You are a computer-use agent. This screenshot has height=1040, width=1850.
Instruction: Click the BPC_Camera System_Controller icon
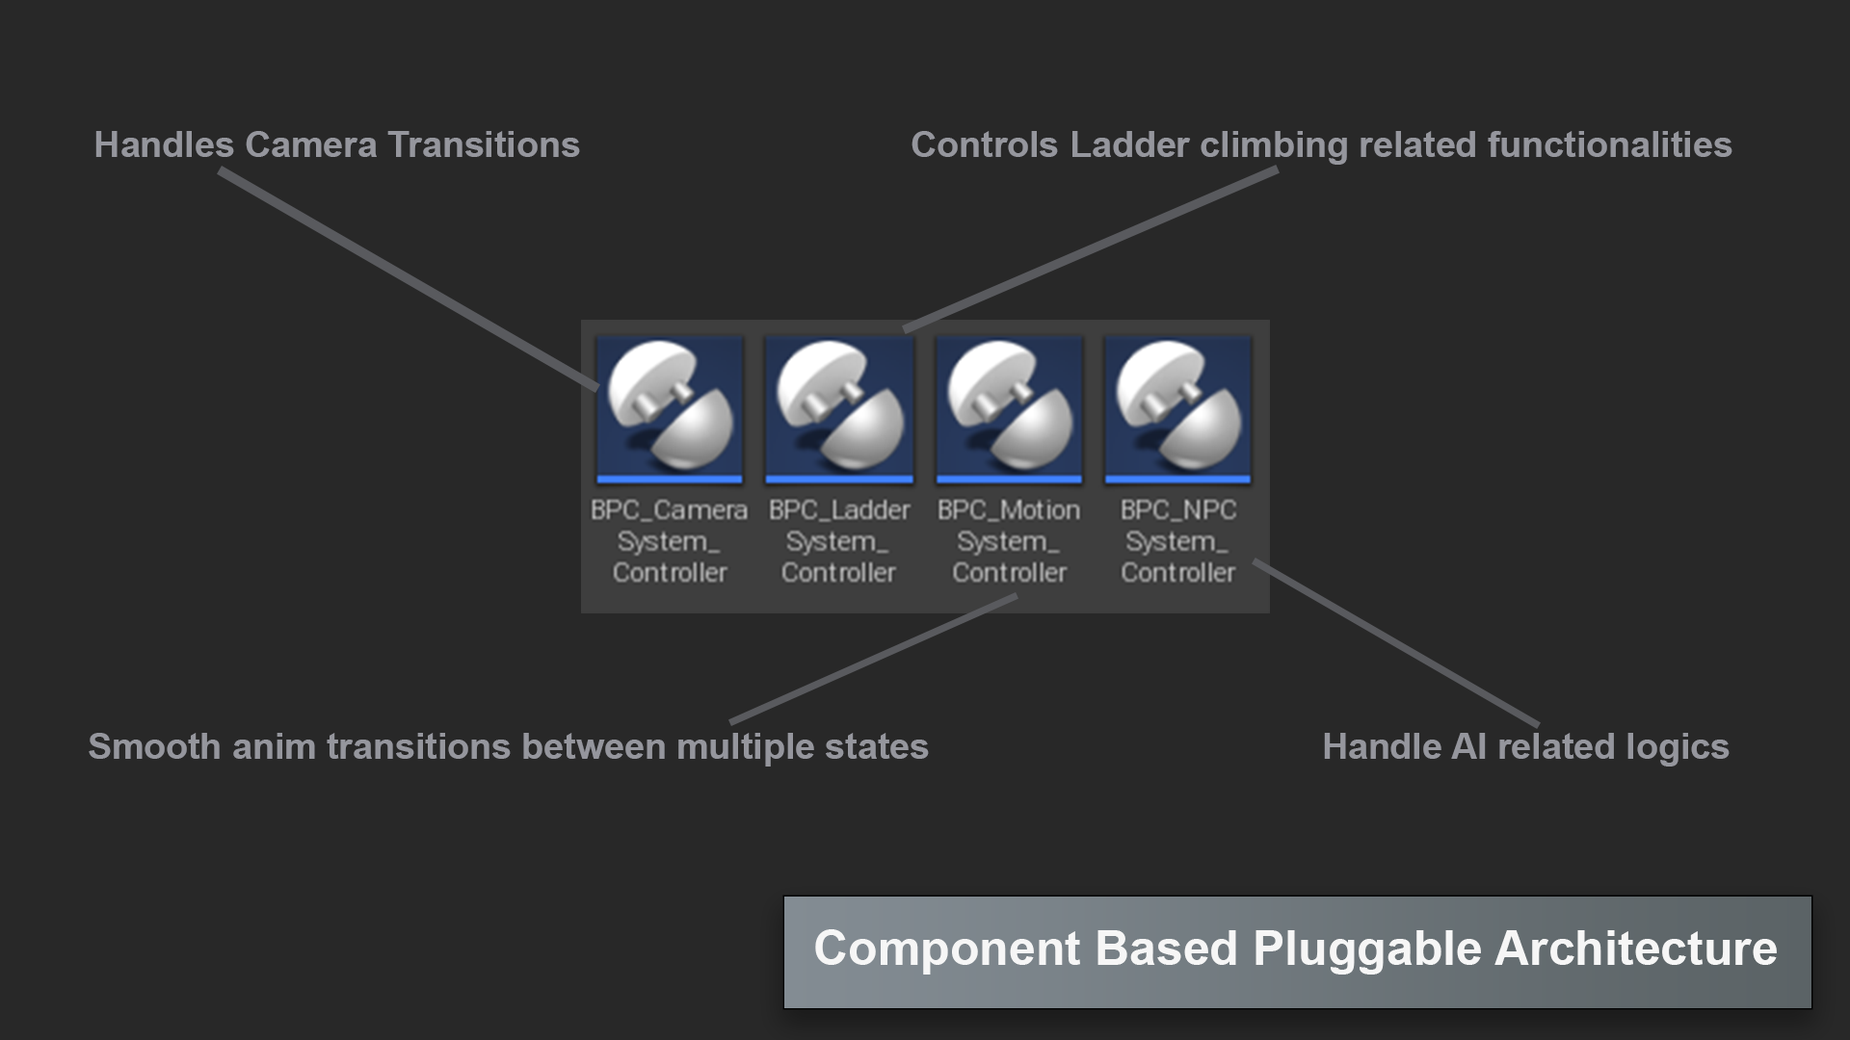click(670, 408)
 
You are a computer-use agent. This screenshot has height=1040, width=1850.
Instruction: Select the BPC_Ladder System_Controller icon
click(838, 408)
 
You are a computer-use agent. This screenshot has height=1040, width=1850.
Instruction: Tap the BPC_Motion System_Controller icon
click(1009, 408)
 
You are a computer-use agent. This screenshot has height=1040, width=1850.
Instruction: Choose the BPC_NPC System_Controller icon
click(1177, 408)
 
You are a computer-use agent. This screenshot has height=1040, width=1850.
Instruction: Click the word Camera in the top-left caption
click(310, 145)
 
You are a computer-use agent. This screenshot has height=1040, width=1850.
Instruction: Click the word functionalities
click(1609, 145)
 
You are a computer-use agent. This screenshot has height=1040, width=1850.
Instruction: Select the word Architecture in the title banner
click(1635, 949)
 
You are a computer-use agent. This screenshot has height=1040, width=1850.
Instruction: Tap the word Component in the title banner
click(947, 949)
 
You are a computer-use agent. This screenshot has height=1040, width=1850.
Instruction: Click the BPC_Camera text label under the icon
click(669, 510)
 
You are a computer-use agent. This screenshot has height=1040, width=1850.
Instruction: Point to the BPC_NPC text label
click(1177, 510)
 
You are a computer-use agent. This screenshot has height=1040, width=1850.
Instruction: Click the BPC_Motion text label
click(1009, 510)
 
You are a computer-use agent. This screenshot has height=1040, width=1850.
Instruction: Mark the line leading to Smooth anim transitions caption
click(872, 659)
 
